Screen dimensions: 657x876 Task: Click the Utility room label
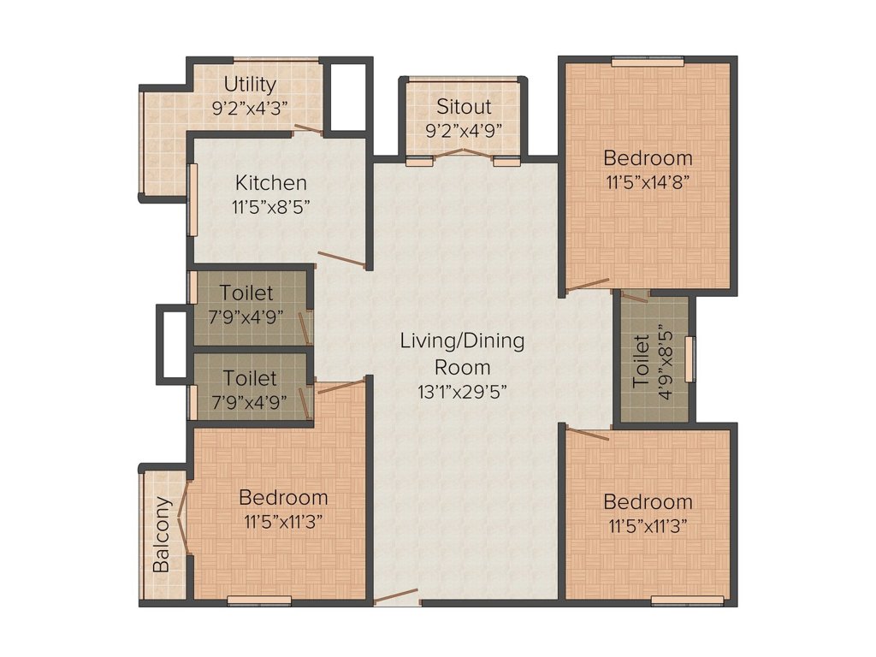250,84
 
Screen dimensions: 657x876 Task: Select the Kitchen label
271,182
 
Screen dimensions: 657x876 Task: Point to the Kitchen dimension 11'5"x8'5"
271,206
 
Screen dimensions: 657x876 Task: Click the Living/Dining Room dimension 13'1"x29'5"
463,392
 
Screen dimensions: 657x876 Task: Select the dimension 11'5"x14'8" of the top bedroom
648,181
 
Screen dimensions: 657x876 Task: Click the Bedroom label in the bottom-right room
648,501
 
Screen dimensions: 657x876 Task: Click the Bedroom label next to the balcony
283,497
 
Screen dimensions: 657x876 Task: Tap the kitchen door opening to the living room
343,260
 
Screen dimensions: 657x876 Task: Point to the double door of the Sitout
463,155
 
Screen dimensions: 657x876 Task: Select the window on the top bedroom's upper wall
648,61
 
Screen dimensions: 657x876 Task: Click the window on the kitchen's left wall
193,198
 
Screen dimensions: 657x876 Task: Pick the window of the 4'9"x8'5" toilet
692,358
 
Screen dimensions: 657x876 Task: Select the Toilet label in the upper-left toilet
247,293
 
